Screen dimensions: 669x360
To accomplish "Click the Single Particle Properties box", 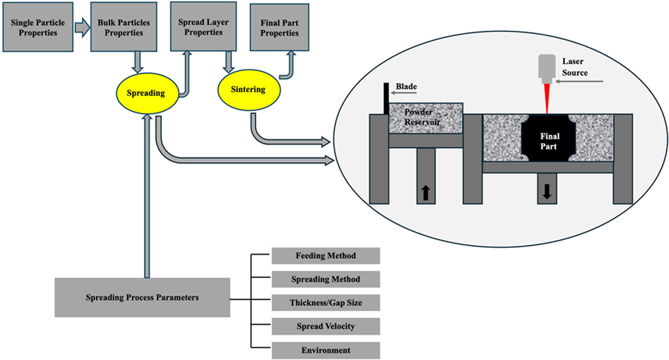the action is (38, 27).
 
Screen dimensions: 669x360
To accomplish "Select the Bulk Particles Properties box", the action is (124, 27).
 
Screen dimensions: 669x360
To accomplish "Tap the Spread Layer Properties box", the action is (203, 26).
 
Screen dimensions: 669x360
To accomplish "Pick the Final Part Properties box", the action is (279, 27).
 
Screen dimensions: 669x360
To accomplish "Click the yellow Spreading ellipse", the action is (147, 93).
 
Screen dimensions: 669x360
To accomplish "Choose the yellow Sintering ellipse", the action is (249, 90).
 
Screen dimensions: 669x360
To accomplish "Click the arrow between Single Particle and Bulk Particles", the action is (82, 28).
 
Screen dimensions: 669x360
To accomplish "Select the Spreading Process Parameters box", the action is (142, 297).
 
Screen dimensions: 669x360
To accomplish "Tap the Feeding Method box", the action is (326, 256).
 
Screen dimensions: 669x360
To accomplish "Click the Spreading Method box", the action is (326, 280).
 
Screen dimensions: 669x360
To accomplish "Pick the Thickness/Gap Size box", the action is (326, 303).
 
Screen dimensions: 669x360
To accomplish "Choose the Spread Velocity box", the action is (326, 326).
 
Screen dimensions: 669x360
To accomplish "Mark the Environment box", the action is (326, 350).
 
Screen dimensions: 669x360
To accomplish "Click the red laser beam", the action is (547, 98).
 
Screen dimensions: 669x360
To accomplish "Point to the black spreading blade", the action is (386, 98).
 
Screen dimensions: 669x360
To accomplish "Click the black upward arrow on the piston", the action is (426, 193).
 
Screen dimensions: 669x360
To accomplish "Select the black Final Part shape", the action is (549, 138).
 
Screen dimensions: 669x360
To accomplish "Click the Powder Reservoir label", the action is (422, 117).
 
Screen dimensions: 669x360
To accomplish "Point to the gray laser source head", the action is (547, 69).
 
